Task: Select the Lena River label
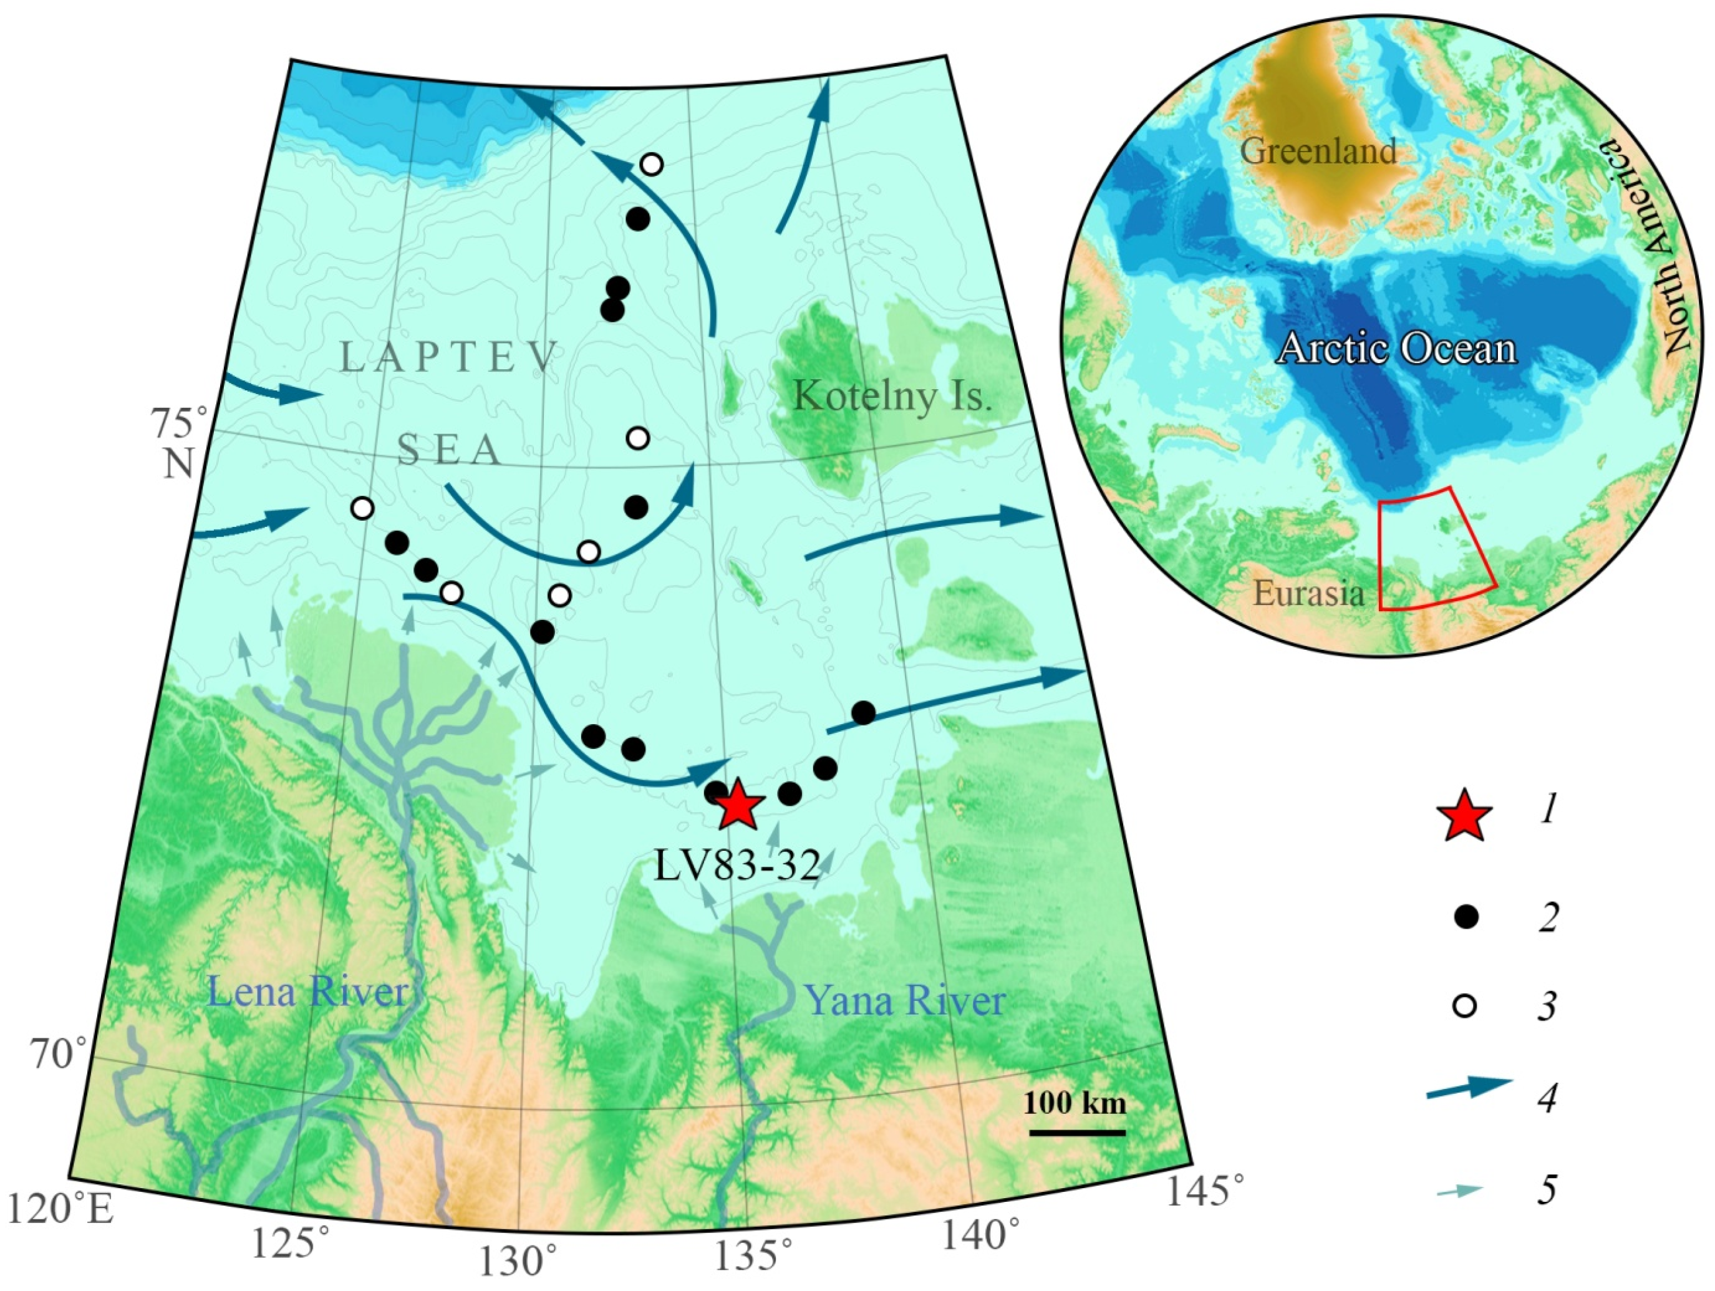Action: pos(309,992)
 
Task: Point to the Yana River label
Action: pos(906,1000)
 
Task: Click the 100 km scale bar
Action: pos(1077,1133)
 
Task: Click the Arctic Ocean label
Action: pos(1396,348)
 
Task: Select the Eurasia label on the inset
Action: pos(1309,594)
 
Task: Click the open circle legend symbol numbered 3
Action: pos(1464,1007)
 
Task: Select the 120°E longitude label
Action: pos(60,1208)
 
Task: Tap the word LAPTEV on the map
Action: pos(449,358)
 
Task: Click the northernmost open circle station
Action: pos(651,165)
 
